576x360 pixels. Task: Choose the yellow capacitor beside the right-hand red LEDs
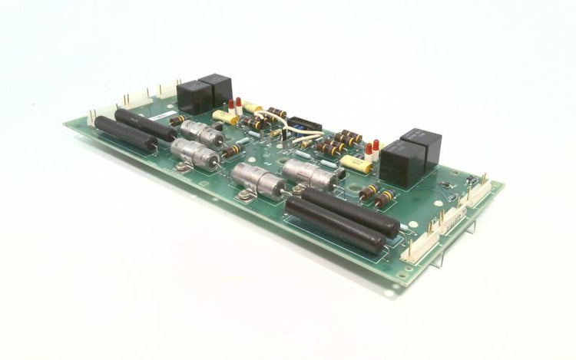tap(356, 163)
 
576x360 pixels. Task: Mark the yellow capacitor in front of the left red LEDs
tap(225, 117)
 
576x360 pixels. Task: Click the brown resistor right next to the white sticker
tap(177, 121)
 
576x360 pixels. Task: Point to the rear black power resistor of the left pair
tap(144, 124)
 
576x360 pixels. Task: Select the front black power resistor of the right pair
tap(334, 227)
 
